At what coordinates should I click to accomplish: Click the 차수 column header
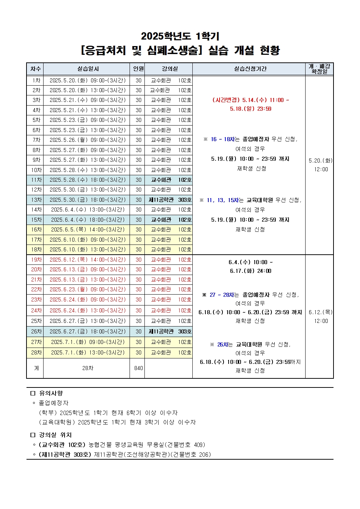(x=35, y=69)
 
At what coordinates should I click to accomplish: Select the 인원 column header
(x=138, y=69)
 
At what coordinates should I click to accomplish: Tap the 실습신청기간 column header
(x=250, y=69)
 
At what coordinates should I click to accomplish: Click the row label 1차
(x=36, y=81)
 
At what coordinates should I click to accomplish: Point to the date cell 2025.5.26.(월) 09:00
(x=87, y=140)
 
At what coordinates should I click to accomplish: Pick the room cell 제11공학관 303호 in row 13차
(x=170, y=200)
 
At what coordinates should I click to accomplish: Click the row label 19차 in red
(x=36, y=260)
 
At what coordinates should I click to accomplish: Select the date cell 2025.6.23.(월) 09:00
(x=87, y=290)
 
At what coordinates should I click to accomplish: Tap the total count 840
(x=138, y=368)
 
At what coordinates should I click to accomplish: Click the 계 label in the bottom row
(x=36, y=368)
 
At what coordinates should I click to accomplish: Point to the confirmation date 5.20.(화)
(x=320, y=161)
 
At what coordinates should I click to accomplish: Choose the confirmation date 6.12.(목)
(x=320, y=312)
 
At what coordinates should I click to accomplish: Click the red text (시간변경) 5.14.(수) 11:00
(x=250, y=100)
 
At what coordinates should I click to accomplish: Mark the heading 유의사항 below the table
(x=51, y=393)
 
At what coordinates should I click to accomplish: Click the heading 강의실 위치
(x=56, y=435)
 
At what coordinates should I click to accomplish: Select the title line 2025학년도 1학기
(x=180, y=36)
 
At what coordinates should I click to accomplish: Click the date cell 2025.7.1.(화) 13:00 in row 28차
(x=87, y=353)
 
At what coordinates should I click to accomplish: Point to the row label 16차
(x=36, y=230)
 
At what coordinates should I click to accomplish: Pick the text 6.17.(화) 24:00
(x=250, y=271)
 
